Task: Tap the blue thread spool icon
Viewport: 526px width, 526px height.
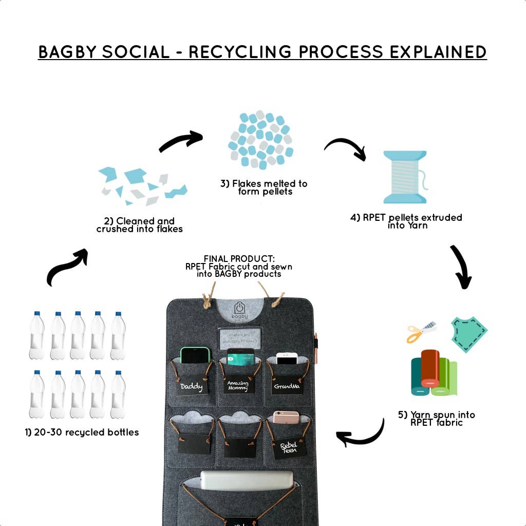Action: (405, 177)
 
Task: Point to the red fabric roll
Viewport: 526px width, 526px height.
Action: (430, 368)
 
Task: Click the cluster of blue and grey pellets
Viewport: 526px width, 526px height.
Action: (261, 139)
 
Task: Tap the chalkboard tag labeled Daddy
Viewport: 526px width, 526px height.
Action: (192, 386)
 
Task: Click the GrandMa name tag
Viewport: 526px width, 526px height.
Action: (287, 385)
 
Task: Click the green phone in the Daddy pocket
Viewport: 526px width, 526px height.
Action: (195, 355)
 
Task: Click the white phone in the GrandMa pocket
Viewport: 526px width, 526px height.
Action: (287, 358)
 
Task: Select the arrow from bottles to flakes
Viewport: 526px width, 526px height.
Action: (67, 267)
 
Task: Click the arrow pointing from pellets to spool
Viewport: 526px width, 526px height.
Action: (345, 148)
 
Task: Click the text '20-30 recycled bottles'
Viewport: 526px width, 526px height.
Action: (82, 433)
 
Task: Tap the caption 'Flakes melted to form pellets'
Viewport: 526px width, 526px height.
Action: (265, 187)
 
